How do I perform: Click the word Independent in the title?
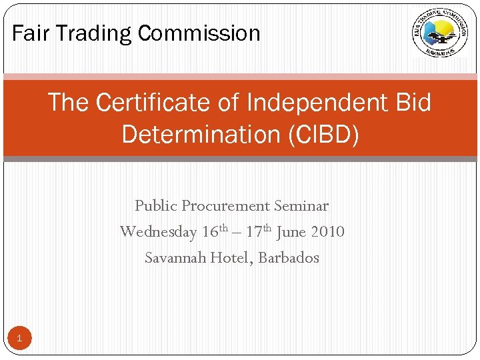(317, 103)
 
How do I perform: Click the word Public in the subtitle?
(156, 206)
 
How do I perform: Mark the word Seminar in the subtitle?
(301, 206)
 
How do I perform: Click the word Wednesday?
(158, 232)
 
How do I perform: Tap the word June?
(291, 232)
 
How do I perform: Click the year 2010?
(327, 232)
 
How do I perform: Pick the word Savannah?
(175, 257)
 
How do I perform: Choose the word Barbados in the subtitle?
(289, 257)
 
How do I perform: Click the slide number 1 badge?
(19, 339)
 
